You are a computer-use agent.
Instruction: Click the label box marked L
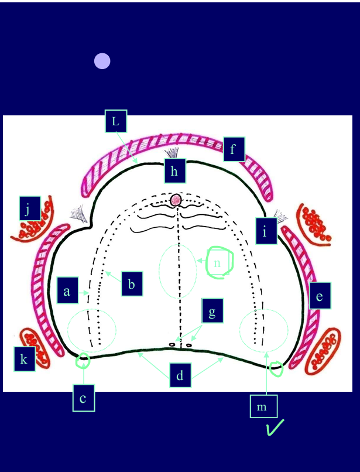click(116, 121)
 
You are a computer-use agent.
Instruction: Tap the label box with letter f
click(234, 149)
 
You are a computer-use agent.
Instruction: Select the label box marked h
click(174, 171)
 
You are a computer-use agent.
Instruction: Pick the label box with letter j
click(29, 208)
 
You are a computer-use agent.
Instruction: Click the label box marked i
click(266, 231)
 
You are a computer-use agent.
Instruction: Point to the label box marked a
click(67, 291)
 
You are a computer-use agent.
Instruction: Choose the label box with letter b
click(132, 284)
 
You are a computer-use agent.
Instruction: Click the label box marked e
click(320, 296)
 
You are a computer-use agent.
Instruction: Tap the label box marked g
click(212, 310)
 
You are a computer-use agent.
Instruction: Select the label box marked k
click(25, 358)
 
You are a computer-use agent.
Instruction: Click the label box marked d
click(180, 375)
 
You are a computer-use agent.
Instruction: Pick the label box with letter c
click(84, 398)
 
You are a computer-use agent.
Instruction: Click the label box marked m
click(263, 406)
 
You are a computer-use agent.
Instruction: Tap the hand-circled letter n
click(219, 262)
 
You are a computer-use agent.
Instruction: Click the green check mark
click(275, 427)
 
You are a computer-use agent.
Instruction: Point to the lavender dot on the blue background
click(102, 61)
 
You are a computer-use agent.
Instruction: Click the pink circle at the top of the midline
click(176, 200)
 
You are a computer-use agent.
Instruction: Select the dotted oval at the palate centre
click(178, 271)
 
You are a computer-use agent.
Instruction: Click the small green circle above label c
click(83, 361)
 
